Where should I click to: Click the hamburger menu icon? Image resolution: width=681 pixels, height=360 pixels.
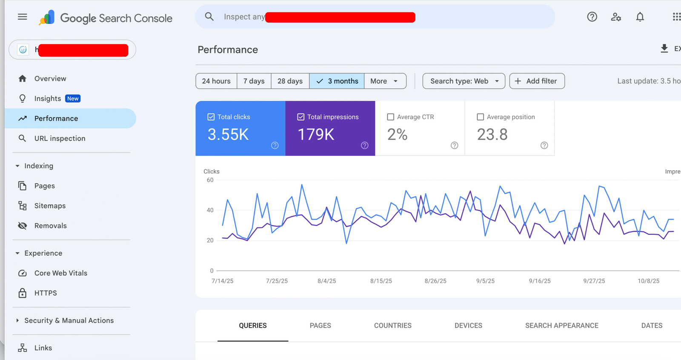click(22, 17)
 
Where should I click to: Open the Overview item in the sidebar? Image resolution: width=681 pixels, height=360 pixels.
click(50, 79)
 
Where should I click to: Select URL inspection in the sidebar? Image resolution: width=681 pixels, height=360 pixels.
click(60, 139)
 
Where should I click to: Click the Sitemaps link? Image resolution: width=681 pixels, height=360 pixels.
click(50, 206)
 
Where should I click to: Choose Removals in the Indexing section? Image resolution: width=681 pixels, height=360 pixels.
click(50, 226)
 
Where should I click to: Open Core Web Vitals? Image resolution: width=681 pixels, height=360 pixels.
click(60, 273)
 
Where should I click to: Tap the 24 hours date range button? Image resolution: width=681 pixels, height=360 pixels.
click(216, 81)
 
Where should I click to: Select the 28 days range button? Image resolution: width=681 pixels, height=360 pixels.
click(290, 81)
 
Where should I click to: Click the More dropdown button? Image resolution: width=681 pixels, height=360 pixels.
click(384, 81)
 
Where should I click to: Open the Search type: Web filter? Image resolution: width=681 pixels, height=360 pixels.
click(464, 81)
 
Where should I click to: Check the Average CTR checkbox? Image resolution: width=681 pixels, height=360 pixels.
click(391, 117)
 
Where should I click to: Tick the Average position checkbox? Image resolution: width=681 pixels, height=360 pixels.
click(481, 117)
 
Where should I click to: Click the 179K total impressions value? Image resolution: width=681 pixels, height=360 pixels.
click(316, 134)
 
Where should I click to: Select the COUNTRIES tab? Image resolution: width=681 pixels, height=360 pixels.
click(392, 326)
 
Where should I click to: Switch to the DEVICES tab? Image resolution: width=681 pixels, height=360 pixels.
click(468, 326)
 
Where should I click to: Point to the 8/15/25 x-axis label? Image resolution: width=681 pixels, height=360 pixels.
click(381, 281)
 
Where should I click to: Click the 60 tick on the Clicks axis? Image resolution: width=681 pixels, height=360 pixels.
click(210, 180)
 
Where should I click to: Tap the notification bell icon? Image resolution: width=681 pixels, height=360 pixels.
click(640, 17)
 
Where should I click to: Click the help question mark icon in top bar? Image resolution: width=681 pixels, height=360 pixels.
click(592, 17)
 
